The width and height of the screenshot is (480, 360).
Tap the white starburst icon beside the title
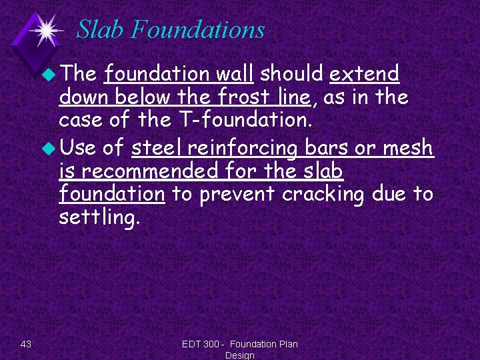click(46, 30)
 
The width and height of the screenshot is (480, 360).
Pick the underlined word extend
click(364, 73)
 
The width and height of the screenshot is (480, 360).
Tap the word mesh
click(410, 147)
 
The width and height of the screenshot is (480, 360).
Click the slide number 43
click(26, 344)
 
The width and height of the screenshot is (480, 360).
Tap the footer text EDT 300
click(203, 344)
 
